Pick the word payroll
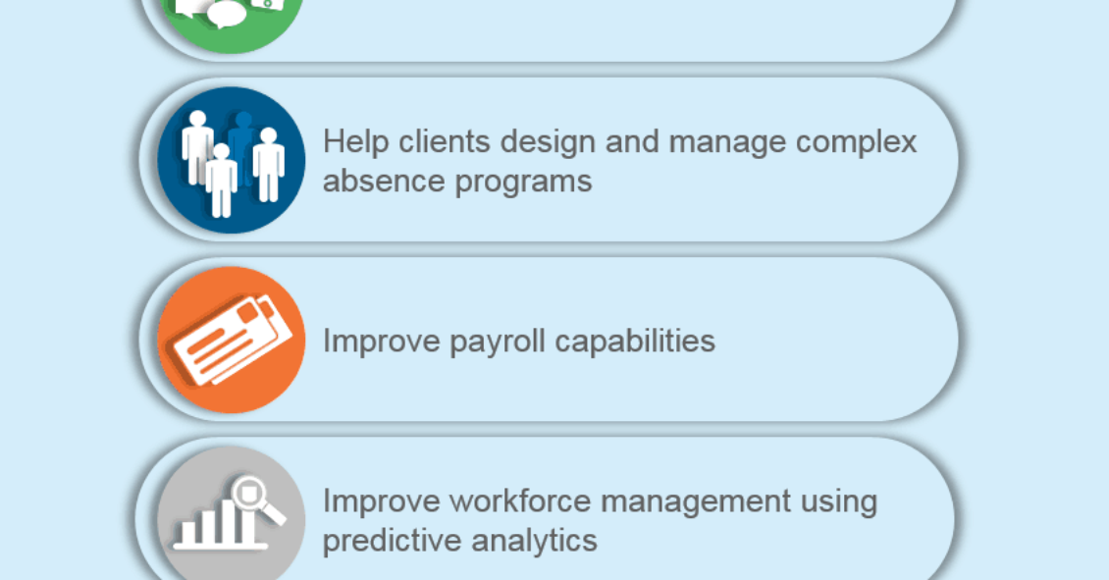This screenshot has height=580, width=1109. click(498, 343)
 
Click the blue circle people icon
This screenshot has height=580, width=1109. click(232, 160)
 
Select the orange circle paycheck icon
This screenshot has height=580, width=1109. click(232, 341)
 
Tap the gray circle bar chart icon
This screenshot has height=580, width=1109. click(232, 514)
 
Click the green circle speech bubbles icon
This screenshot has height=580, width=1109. click(232, 22)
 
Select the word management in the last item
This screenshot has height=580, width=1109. click(696, 503)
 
